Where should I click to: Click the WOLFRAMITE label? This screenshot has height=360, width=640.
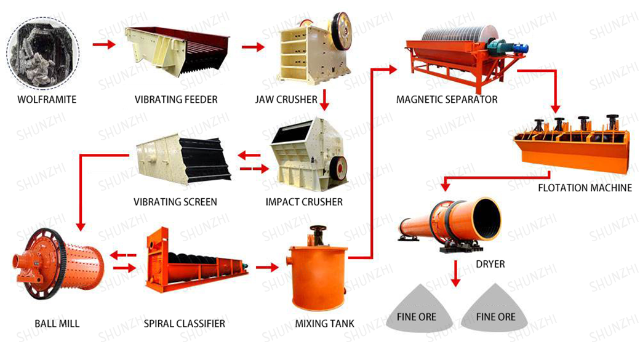pos(47,99)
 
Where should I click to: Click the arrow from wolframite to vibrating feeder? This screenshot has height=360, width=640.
pos(103,44)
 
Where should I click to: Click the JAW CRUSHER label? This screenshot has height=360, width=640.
pos(286,99)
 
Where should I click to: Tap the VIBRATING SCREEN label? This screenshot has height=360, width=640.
pos(175,201)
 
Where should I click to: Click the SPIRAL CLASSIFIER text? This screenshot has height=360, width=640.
pos(185,323)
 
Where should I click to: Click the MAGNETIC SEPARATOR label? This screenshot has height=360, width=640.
pos(447,99)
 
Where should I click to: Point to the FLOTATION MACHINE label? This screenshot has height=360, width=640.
pos(585,188)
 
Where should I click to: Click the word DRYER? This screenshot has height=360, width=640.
pos(490,264)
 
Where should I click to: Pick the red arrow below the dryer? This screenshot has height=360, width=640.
pos(455,274)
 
